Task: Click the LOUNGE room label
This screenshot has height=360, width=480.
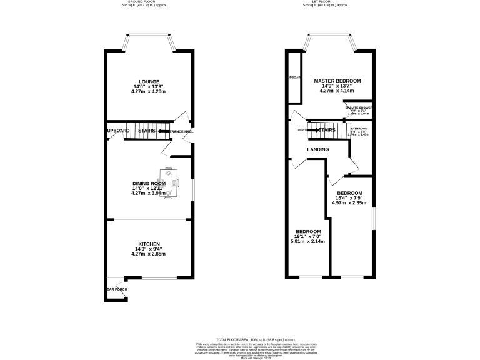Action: pos(149,81)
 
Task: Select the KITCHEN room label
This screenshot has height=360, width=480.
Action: pos(149,244)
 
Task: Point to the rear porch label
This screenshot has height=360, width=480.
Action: pos(117,289)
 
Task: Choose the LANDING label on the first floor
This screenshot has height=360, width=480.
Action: pos(318,149)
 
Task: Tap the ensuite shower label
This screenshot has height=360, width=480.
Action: pos(359,108)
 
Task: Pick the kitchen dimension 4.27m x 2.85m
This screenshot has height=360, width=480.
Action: pos(149,254)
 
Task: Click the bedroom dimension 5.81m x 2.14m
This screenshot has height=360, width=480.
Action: pos(308,242)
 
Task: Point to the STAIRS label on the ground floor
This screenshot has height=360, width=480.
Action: pos(146,131)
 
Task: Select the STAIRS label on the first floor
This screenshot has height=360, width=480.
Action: pos(327,130)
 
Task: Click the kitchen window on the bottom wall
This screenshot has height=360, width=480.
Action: pos(159,277)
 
